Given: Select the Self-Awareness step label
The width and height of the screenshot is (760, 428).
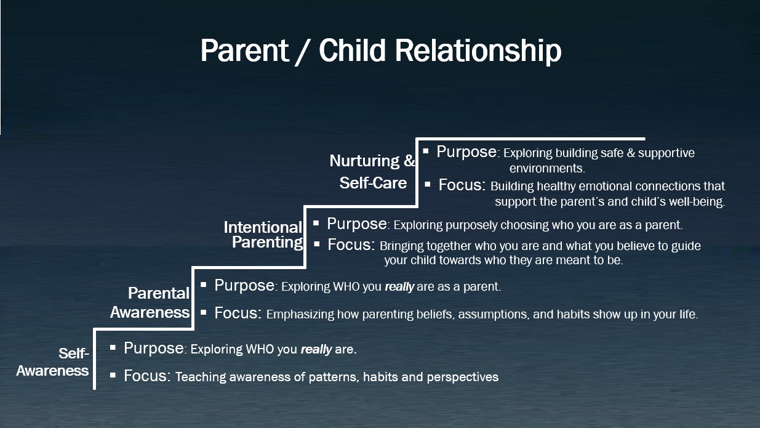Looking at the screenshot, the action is (52, 362).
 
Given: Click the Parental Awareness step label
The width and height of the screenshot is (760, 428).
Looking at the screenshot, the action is (150, 302).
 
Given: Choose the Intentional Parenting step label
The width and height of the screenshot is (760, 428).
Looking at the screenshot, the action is (263, 235).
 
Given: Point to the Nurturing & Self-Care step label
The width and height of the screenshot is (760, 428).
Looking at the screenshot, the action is (372, 172).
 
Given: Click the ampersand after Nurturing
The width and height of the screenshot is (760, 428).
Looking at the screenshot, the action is (409, 161).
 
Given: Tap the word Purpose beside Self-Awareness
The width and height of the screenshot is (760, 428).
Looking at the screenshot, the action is (154, 348).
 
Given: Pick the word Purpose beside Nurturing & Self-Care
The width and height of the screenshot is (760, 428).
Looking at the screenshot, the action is (466, 152).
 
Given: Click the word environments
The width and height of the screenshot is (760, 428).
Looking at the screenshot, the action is (547, 168).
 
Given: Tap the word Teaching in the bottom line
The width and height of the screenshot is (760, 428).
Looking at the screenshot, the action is (201, 377).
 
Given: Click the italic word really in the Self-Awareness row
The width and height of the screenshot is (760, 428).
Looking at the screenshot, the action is (316, 350).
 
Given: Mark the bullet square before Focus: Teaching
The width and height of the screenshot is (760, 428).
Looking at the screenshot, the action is (113, 375).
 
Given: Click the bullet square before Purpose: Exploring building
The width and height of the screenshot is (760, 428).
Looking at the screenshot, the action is (426, 151).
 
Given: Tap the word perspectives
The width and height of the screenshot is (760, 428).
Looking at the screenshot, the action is (462, 378).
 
